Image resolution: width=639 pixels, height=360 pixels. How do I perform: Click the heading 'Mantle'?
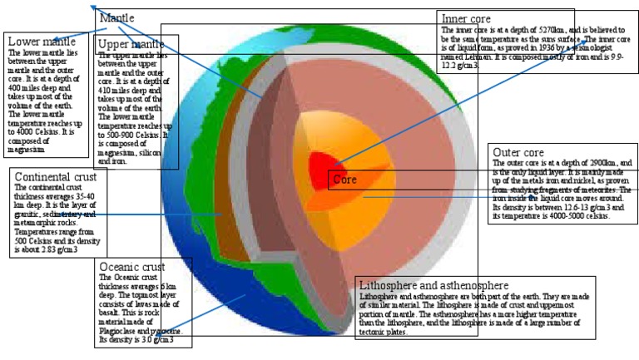(116, 17)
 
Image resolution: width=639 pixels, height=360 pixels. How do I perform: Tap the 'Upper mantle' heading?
(130, 44)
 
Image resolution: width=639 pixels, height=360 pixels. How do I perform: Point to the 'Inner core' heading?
(466, 19)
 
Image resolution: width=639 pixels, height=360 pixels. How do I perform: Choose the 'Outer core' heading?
(518, 153)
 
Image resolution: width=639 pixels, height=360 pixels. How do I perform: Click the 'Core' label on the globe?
(344, 179)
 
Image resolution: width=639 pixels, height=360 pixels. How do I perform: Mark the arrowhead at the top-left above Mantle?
(94, 7)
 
